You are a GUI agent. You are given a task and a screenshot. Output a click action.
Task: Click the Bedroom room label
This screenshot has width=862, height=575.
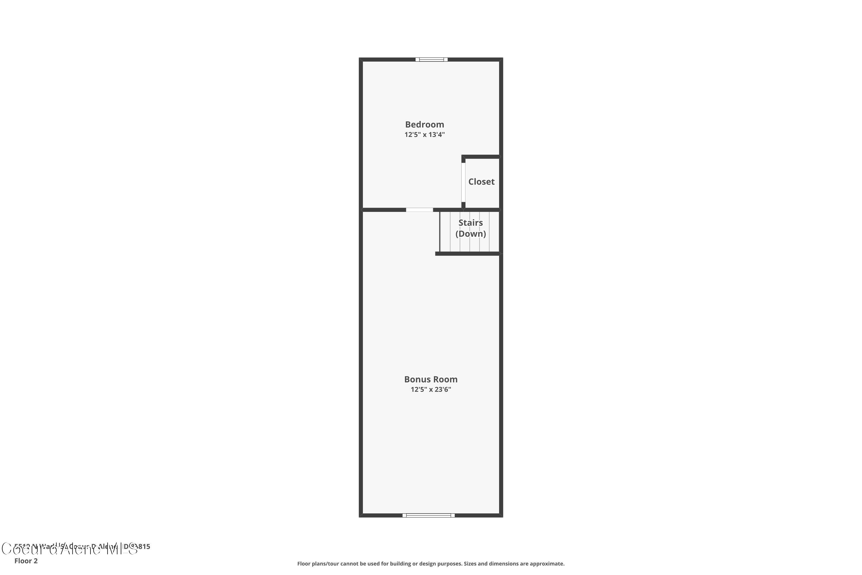424,125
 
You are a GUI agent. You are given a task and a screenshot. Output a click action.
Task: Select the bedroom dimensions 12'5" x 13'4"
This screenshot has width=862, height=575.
424,135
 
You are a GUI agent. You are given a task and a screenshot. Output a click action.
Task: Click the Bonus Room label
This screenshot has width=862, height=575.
431,379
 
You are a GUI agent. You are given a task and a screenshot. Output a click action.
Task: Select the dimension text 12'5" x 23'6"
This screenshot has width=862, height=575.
431,390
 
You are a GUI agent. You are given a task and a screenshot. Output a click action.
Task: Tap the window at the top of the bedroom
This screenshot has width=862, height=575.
431,60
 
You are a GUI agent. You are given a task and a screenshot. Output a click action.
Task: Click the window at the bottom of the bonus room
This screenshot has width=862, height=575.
428,515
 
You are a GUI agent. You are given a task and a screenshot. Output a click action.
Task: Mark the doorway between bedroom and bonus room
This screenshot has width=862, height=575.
419,210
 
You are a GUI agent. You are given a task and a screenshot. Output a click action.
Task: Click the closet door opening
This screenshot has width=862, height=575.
463,182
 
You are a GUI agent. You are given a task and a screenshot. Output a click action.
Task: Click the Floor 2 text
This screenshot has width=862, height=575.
26,561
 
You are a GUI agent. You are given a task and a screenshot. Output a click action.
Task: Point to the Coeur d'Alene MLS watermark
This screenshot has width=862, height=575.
70,549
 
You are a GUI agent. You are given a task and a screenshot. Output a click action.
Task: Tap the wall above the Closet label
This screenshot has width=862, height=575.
481,157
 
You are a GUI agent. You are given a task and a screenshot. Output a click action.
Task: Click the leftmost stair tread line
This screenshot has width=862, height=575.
450,232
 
